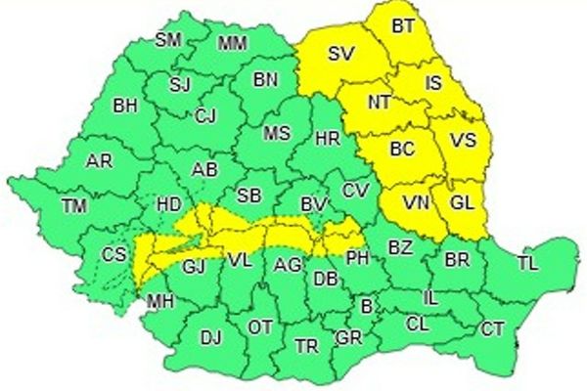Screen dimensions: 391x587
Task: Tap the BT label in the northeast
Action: pos(402,27)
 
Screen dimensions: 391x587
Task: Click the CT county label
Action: pos(492,329)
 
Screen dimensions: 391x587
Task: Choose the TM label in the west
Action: pos(73,205)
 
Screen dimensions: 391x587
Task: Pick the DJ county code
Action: pos(210,338)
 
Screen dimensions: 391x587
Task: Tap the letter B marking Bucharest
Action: pos(367,307)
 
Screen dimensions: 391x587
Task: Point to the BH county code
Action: pos(125,105)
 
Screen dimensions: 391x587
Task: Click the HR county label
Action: pos(328,140)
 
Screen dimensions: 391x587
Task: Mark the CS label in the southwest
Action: pos(113,256)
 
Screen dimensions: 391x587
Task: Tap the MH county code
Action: pos(158,302)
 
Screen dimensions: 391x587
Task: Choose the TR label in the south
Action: pos(306,346)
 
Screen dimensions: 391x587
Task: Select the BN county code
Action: pos(266,81)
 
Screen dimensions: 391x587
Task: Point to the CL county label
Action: pos(417,323)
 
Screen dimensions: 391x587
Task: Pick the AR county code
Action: pos(99,161)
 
